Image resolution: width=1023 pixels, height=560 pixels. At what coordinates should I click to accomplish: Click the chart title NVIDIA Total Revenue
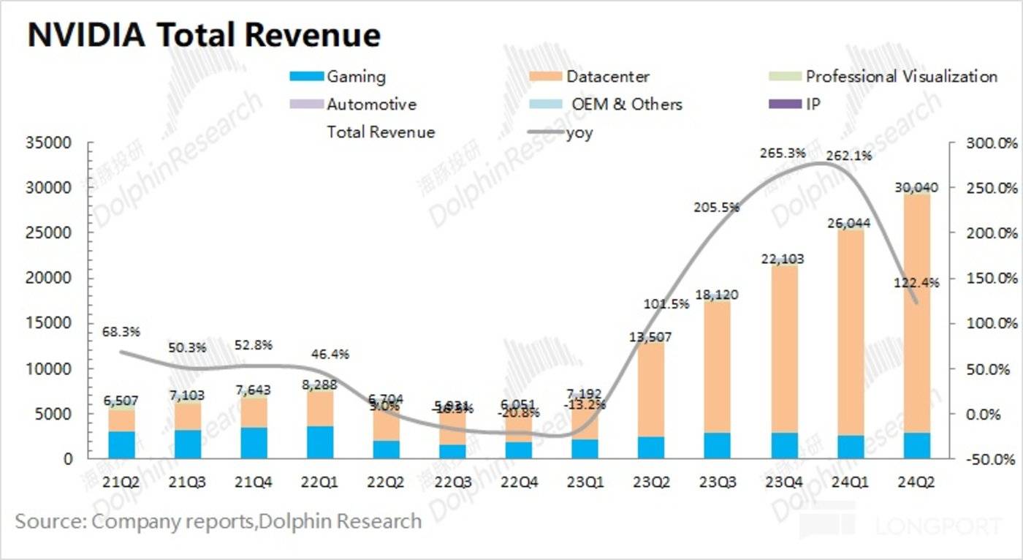204,34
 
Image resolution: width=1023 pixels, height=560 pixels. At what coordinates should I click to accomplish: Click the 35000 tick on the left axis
49,143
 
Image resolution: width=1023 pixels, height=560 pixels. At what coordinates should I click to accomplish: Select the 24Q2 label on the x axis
916,483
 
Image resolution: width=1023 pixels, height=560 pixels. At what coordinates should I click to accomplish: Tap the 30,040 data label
916,188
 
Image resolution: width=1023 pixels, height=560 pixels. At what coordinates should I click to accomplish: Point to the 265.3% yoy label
783,154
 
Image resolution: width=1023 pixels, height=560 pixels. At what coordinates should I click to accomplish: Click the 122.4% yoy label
916,281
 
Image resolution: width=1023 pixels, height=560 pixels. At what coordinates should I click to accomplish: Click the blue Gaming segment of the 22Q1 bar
320,442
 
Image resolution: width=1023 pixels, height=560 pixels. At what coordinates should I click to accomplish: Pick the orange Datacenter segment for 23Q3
718,366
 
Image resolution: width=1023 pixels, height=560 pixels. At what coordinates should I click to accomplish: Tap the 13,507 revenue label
651,337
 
